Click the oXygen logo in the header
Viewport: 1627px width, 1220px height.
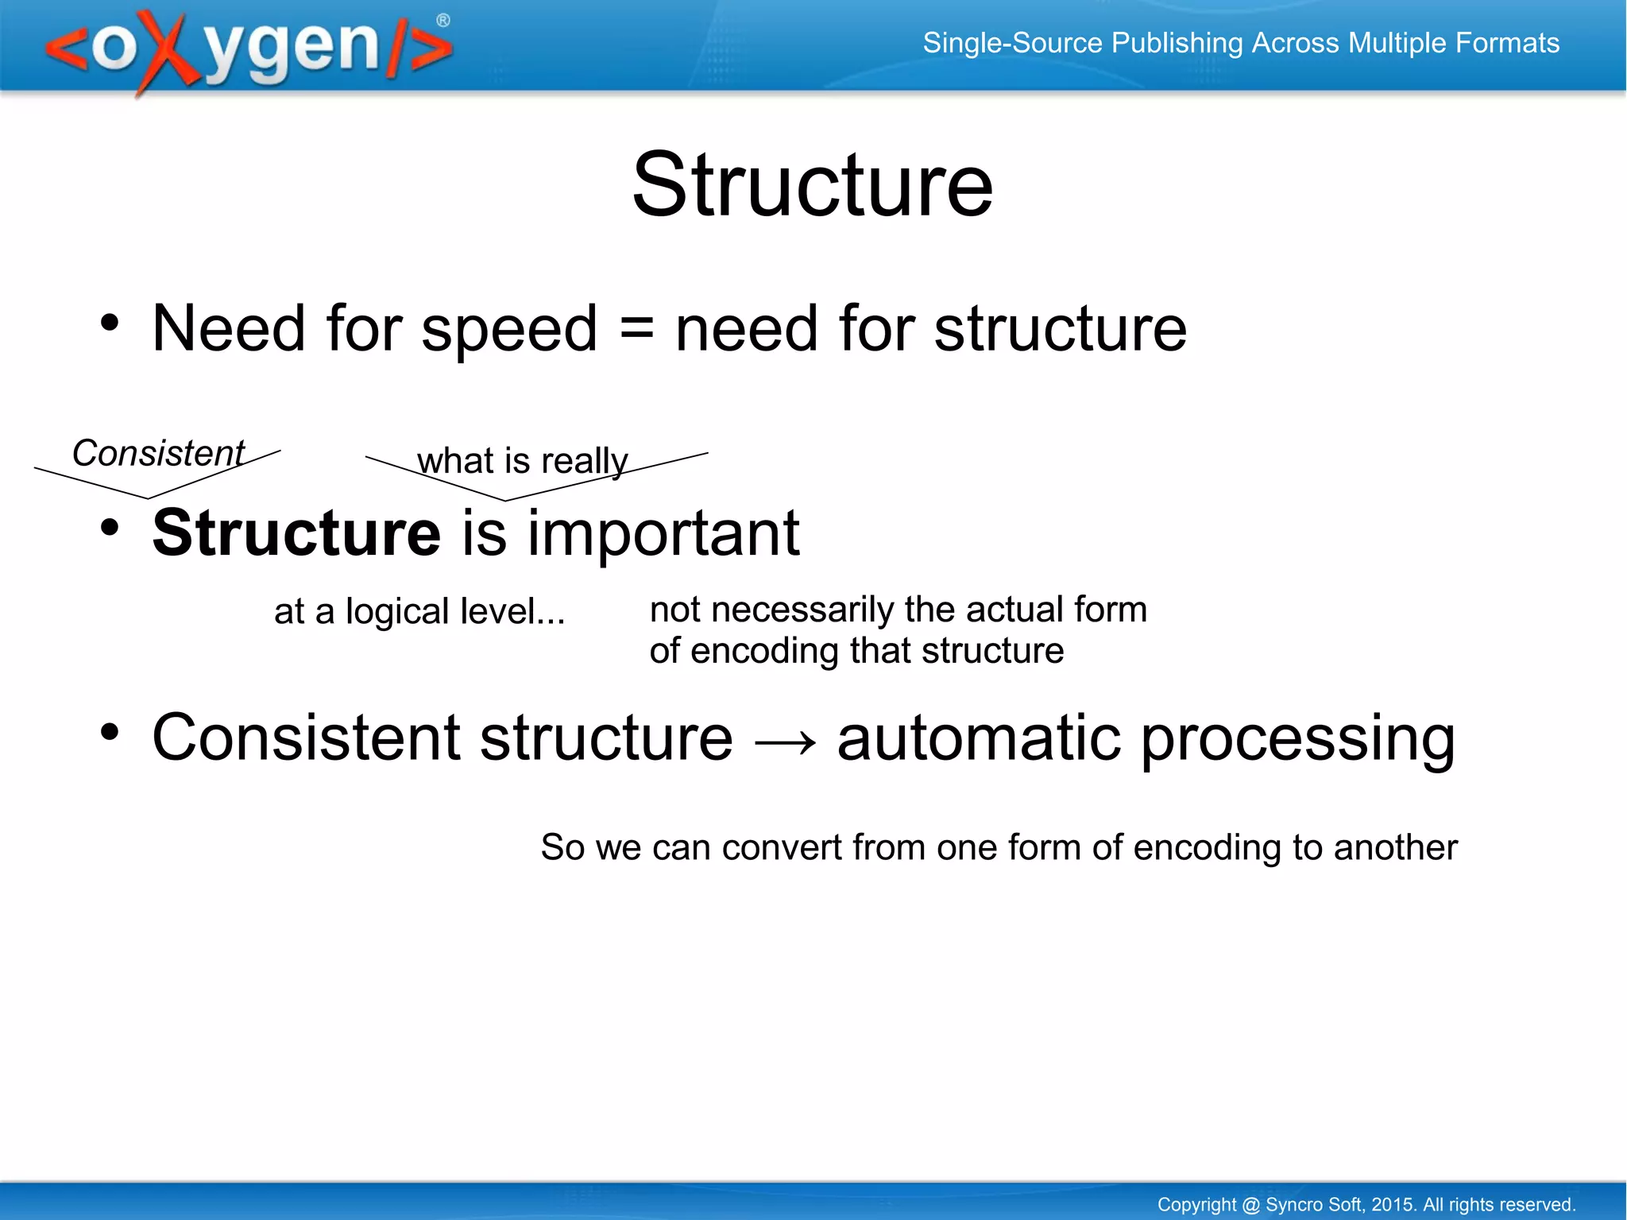[x=248, y=49]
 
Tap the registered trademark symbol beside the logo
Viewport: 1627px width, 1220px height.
[x=443, y=21]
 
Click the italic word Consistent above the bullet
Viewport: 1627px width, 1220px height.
[x=158, y=454]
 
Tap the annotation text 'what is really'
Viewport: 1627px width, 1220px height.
[x=522, y=461]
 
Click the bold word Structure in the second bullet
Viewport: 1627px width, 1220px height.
[x=296, y=533]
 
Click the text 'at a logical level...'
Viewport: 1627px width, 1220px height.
[x=419, y=612]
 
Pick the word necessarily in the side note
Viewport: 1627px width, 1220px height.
[x=802, y=610]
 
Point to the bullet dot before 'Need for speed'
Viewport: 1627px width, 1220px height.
[x=110, y=323]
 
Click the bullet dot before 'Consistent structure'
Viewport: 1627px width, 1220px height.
[x=110, y=732]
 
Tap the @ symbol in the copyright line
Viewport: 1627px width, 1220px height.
[x=1250, y=1205]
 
